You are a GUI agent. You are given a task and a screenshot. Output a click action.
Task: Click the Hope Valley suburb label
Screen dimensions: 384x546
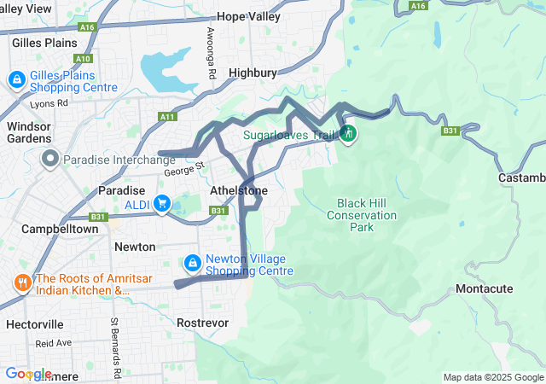click(x=248, y=16)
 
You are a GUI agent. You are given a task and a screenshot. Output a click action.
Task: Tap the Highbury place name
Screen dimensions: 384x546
click(x=253, y=73)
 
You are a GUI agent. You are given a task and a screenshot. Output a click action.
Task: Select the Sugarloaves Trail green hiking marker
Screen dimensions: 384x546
click(x=348, y=135)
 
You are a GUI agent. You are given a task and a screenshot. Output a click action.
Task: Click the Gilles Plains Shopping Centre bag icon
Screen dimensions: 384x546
click(x=16, y=80)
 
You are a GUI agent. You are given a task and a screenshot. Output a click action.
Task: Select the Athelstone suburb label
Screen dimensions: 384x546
click(x=239, y=190)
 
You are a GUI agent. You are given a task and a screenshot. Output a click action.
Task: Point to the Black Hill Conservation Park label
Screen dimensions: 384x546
click(x=361, y=215)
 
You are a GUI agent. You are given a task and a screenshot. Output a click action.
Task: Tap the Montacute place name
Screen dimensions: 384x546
click(x=484, y=289)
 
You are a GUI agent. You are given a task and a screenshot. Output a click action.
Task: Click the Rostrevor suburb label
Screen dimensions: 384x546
click(x=202, y=323)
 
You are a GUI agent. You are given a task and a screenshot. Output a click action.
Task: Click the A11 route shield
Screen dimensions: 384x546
click(x=167, y=117)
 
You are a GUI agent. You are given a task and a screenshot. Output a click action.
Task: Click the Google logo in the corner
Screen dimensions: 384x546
click(x=28, y=374)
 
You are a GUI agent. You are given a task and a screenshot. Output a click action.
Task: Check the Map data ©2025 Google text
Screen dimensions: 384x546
click(x=492, y=378)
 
